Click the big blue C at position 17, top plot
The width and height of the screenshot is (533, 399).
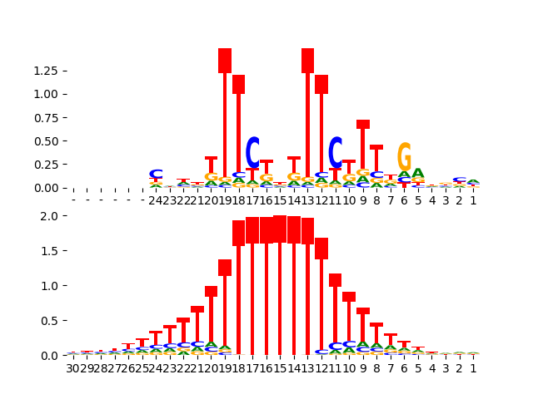[x=252, y=153]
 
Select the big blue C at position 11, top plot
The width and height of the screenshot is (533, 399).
[x=335, y=154]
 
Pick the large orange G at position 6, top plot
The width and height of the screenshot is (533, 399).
[x=404, y=158]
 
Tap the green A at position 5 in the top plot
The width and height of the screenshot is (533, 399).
[x=418, y=174]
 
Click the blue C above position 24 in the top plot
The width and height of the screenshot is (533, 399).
[x=156, y=174]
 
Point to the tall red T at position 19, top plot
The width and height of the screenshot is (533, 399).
[x=225, y=116]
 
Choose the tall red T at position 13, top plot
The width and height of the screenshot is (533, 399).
[x=307, y=116]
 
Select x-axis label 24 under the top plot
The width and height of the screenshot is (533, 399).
[x=156, y=199]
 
